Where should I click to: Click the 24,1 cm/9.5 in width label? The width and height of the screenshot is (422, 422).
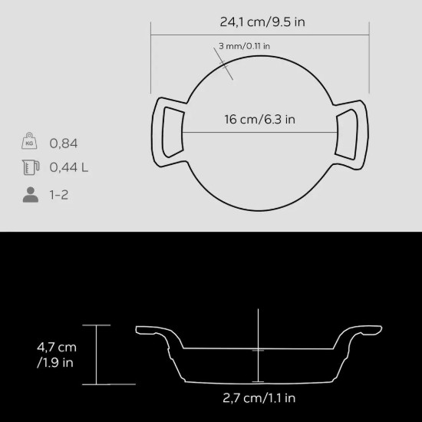(262, 21)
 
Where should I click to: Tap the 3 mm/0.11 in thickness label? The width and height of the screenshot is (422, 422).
(244, 46)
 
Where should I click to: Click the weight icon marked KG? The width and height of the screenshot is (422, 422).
(29, 143)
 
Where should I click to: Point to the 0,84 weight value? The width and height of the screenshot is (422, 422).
(64, 143)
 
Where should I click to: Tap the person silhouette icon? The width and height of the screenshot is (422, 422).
(30, 193)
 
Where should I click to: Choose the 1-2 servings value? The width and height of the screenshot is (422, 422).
(59, 194)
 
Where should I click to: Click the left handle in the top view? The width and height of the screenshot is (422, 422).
(168, 132)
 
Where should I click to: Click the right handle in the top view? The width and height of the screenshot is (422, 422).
(354, 132)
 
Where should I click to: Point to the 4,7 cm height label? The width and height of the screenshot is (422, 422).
(57, 348)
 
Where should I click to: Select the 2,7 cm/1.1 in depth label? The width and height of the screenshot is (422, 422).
(259, 397)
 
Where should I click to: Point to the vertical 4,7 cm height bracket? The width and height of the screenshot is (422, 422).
(97, 354)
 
